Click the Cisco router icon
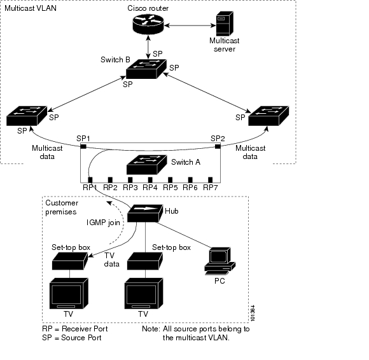[148, 24]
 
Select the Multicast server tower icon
[225, 24]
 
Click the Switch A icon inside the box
[146, 165]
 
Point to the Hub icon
[145, 213]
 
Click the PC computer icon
[219, 261]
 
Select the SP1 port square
[83, 146]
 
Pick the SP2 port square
[218, 146]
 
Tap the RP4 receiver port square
[150, 180]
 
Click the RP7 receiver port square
[211, 180]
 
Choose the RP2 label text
[110, 188]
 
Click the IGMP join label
[103, 223]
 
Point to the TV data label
[111, 260]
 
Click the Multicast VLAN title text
[31, 8]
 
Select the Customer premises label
[62, 207]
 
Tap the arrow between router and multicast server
[190, 25]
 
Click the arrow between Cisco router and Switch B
[148, 47]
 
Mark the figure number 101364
[253, 313]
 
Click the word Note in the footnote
[151, 329]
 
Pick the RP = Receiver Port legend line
[75, 329]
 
